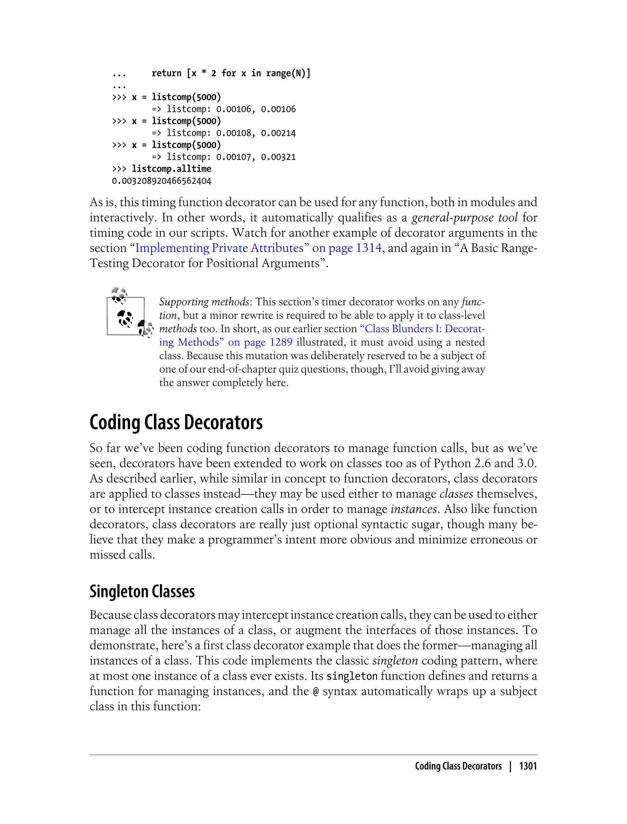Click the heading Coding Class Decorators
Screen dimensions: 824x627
(176, 423)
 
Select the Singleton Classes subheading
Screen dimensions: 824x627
(142, 591)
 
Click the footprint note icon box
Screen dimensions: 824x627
(126, 316)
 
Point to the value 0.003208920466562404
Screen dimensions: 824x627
(162, 181)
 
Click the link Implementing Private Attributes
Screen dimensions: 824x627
(222, 248)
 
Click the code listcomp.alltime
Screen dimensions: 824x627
(171, 169)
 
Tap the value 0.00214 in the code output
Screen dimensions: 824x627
(278, 133)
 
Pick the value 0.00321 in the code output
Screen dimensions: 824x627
(278, 157)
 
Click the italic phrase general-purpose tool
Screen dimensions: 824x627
(465, 217)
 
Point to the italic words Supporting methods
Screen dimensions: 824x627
(204, 302)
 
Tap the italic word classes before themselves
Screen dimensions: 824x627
(456, 494)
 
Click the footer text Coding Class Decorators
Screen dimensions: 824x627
(458, 766)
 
